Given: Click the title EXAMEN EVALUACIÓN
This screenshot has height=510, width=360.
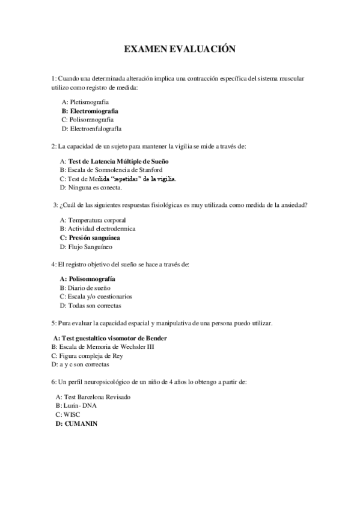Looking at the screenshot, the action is pos(180,49).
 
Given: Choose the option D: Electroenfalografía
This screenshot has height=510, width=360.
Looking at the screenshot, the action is pos(91,129).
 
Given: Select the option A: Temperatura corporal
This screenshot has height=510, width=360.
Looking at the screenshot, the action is pos(88,220).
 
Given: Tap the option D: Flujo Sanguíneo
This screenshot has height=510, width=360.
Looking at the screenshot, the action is pos(86,247).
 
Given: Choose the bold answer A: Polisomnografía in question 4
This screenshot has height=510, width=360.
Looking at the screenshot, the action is pos(87,279).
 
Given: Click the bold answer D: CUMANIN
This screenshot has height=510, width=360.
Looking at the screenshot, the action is pos(76,423).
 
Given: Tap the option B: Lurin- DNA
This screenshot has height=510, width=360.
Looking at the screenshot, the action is pos(76,406).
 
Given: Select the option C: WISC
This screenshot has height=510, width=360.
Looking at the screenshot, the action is pos(67,415).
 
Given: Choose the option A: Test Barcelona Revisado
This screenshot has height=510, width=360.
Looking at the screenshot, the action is pos(93,398).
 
